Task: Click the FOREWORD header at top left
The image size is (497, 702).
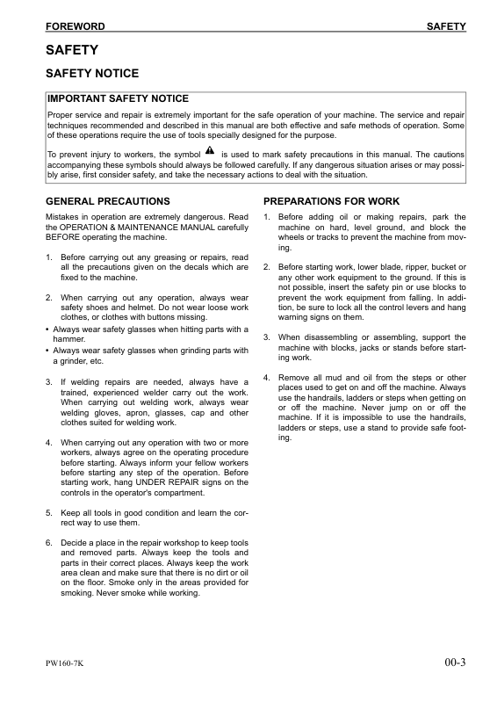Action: [x=75, y=27]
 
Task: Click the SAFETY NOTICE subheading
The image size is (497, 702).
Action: [x=91, y=74]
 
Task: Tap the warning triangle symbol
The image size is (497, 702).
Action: [x=210, y=152]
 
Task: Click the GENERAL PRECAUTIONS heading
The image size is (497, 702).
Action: [x=107, y=201]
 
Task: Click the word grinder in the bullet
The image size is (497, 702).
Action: [x=68, y=360]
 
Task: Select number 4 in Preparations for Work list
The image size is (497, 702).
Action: [x=266, y=378]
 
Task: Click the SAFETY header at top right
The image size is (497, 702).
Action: [x=446, y=27]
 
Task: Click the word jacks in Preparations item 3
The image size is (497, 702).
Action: [x=349, y=348]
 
